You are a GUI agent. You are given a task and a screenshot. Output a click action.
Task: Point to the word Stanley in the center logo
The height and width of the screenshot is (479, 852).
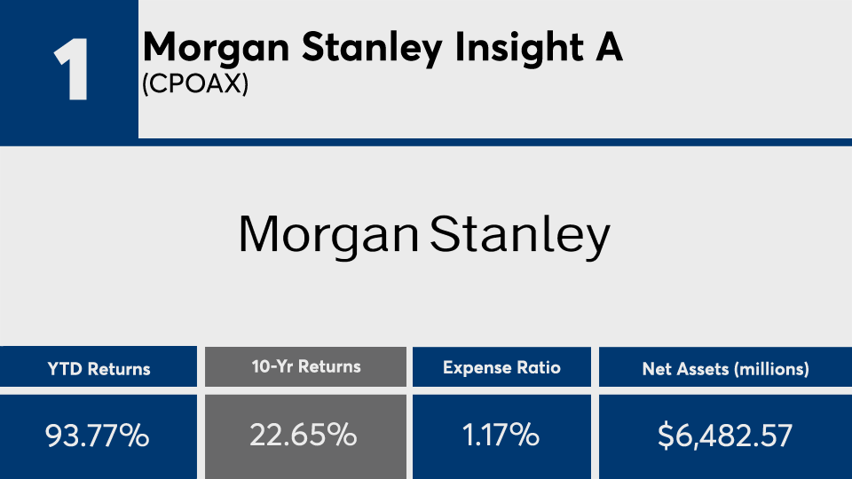[521, 234]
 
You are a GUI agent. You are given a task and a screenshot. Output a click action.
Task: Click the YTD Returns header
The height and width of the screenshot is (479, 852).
[99, 368]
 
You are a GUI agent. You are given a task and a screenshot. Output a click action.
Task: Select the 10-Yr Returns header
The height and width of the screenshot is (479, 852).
[306, 366]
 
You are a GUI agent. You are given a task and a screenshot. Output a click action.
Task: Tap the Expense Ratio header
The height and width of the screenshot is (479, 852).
[501, 366]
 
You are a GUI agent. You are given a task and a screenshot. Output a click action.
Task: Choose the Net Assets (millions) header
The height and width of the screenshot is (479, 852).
[725, 368]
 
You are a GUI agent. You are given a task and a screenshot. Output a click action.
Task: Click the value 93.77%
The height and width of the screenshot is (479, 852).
[99, 436]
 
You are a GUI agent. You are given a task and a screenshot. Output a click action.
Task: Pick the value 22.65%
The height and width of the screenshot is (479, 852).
[306, 436]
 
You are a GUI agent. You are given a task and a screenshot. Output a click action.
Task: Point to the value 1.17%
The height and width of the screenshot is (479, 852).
[501, 436]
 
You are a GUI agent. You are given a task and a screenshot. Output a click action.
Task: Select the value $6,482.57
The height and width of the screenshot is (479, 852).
[725, 436]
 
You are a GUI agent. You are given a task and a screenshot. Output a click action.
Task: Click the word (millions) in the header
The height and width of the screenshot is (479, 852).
[770, 368]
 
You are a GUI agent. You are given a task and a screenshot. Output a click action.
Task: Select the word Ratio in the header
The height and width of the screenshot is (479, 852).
[540, 366]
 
